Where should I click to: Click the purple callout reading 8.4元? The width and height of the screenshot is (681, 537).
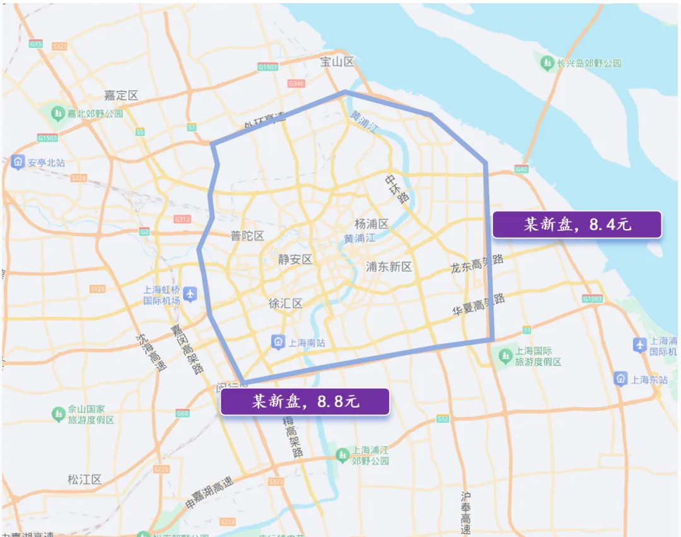point(576,225)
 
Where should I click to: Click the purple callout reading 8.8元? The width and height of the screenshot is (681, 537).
point(305,401)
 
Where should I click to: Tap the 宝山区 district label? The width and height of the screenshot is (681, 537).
point(337,62)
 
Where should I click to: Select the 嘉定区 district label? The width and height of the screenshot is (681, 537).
point(121,95)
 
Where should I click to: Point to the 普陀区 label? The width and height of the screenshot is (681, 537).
point(247,235)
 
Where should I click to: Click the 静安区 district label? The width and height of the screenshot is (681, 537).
point(295,259)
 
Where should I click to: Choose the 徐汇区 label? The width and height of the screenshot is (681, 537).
point(285,304)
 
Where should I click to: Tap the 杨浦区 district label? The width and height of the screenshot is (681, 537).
point(371,224)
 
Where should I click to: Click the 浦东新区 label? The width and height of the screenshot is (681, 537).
point(389,267)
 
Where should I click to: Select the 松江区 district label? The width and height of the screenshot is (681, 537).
point(84,480)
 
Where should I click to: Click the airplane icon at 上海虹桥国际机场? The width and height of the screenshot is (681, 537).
point(190,294)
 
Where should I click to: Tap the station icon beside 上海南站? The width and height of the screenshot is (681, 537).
point(277,342)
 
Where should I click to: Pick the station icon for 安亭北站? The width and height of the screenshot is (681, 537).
point(18,162)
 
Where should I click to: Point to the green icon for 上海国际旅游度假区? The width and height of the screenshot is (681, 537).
point(505,356)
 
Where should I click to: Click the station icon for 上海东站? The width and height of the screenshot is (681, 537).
point(621,379)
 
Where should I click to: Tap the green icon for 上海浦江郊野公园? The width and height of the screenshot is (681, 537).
point(342,454)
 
